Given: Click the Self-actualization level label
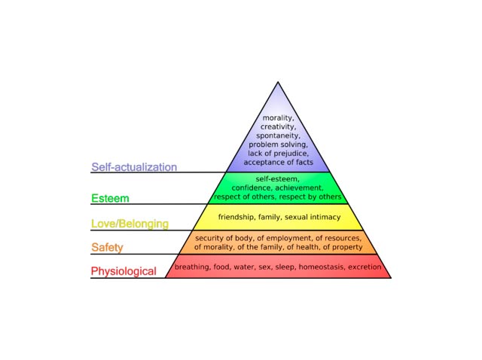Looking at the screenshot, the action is point(134,167).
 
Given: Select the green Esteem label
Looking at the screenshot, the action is point(110,198).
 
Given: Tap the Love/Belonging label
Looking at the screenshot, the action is point(130,224).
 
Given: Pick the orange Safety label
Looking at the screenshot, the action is point(107,248).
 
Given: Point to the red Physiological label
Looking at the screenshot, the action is point(124,271).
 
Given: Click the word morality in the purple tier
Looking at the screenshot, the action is point(278,117).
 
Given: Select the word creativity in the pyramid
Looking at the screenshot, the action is point(278,127).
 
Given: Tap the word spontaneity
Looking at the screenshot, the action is point(278,136).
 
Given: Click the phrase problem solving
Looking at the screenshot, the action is point(278,145).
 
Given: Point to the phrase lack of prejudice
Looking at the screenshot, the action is point(278,153).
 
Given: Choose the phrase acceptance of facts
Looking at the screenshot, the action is point(278,162).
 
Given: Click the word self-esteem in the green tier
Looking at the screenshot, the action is point(277,179).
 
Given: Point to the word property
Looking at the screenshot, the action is point(347,247).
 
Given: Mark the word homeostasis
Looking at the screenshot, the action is point(322,267).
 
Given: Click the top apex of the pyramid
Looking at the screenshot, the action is point(278,82).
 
